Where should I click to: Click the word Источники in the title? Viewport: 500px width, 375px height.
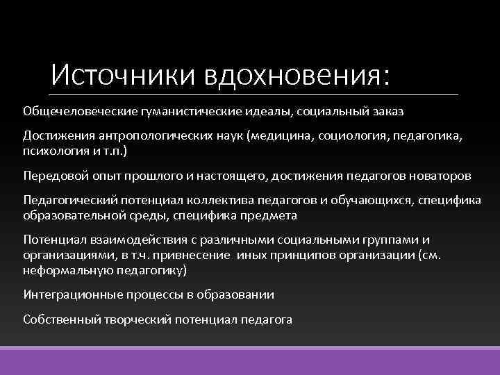click(126, 74)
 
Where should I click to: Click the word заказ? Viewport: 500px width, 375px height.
click(386, 111)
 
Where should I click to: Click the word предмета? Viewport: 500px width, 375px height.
click(271, 215)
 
